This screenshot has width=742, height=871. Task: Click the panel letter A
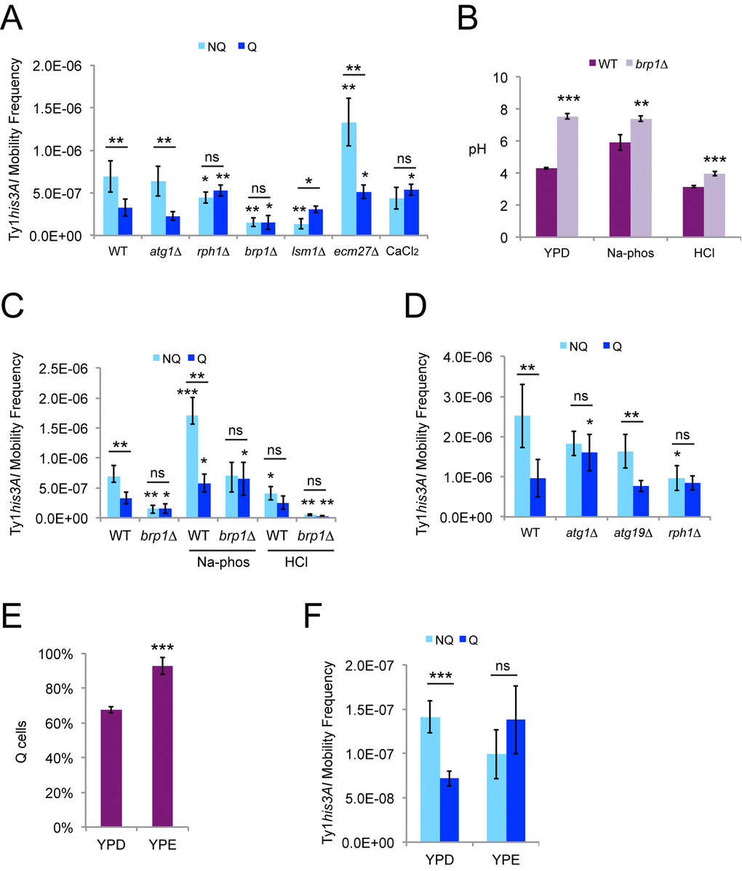click(16, 16)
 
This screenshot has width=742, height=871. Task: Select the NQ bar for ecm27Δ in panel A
click(349, 178)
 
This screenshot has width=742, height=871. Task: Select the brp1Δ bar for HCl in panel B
click(698, 205)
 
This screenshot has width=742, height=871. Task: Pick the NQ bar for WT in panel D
click(522, 466)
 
